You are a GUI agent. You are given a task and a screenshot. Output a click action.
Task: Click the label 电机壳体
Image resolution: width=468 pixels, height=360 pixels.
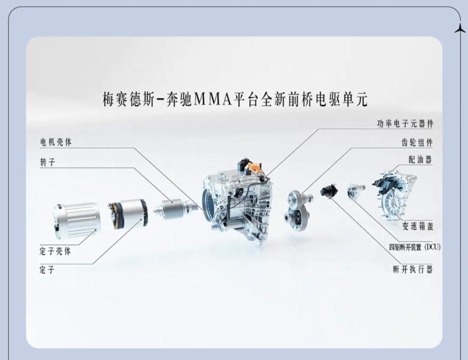(x=56, y=142)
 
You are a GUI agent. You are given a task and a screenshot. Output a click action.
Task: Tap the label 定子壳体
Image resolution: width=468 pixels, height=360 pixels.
(x=55, y=251)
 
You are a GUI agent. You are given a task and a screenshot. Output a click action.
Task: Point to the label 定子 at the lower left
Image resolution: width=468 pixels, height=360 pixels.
(x=47, y=269)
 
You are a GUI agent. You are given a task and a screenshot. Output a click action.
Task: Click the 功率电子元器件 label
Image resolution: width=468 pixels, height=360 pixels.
(x=405, y=123)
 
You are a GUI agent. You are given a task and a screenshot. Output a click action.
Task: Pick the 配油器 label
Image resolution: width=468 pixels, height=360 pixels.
(x=420, y=160)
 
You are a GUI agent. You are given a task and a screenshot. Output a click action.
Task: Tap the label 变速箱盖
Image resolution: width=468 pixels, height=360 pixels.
(x=417, y=226)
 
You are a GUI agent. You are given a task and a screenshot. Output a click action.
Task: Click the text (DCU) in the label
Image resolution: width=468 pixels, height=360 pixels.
(x=432, y=247)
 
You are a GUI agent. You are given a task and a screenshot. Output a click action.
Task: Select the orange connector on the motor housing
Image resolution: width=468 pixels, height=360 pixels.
(x=255, y=169)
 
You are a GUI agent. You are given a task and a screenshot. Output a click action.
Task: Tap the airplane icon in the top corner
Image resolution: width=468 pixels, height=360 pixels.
(x=460, y=29)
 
